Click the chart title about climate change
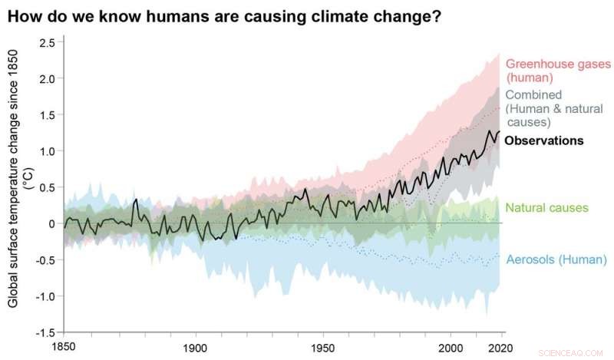224,16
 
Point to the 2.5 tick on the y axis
47,42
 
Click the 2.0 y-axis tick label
47,78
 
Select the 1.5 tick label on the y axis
47,114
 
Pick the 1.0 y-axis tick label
47,151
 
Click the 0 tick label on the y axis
51,223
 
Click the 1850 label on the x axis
64,346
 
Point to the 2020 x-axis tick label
500,346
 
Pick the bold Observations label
545,140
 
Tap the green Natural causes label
546,208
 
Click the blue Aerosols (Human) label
556,259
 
